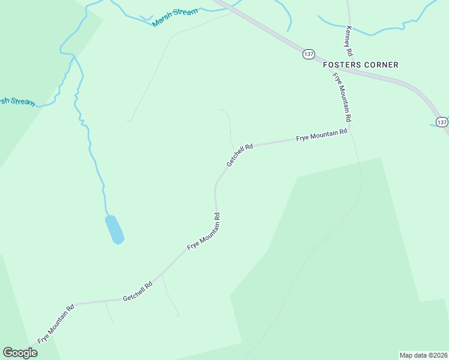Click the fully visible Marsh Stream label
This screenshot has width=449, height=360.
(x=175, y=17)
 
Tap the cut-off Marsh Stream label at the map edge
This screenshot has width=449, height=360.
(x=17, y=101)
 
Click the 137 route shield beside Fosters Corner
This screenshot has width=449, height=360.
(x=309, y=54)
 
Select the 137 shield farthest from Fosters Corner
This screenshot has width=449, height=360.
(x=442, y=122)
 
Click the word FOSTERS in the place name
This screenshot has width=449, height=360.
(x=342, y=65)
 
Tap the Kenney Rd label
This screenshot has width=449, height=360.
(x=349, y=40)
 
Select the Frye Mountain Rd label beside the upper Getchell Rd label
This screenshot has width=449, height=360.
(x=322, y=135)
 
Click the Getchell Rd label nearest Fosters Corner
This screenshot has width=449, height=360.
(x=240, y=154)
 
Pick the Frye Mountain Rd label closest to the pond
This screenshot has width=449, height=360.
(x=204, y=231)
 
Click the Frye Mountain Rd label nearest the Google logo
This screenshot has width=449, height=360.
(x=56, y=323)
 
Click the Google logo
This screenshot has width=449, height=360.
(x=20, y=353)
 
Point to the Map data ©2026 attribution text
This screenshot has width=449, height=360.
(x=423, y=355)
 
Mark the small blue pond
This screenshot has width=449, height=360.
(x=114, y=229)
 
